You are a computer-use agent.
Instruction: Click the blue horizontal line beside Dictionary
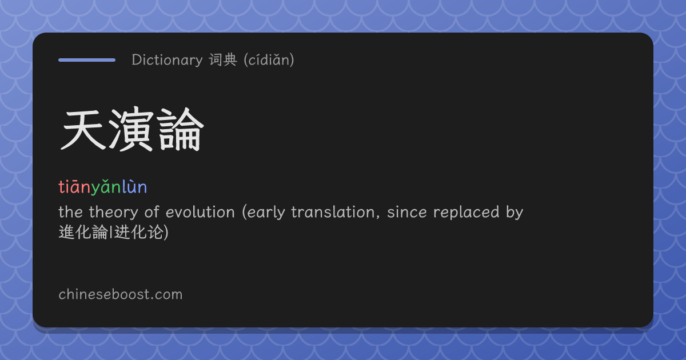87,60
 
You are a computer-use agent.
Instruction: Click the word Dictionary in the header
167,59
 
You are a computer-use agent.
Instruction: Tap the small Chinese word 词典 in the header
223,59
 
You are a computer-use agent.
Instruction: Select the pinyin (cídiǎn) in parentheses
269,59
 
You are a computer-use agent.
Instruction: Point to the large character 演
131,129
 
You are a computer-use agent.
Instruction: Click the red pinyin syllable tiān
74,187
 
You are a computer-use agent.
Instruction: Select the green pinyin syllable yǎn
106,187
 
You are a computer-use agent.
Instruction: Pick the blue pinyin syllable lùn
134,187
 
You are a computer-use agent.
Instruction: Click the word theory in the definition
114,213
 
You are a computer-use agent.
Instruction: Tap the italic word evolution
200,212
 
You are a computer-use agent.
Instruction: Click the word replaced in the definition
466,213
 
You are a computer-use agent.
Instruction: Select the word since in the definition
407,212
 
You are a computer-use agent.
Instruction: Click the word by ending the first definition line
514,213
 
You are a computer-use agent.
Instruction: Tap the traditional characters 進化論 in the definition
83,232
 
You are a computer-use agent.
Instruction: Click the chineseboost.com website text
121,294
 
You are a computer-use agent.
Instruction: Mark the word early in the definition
266,213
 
